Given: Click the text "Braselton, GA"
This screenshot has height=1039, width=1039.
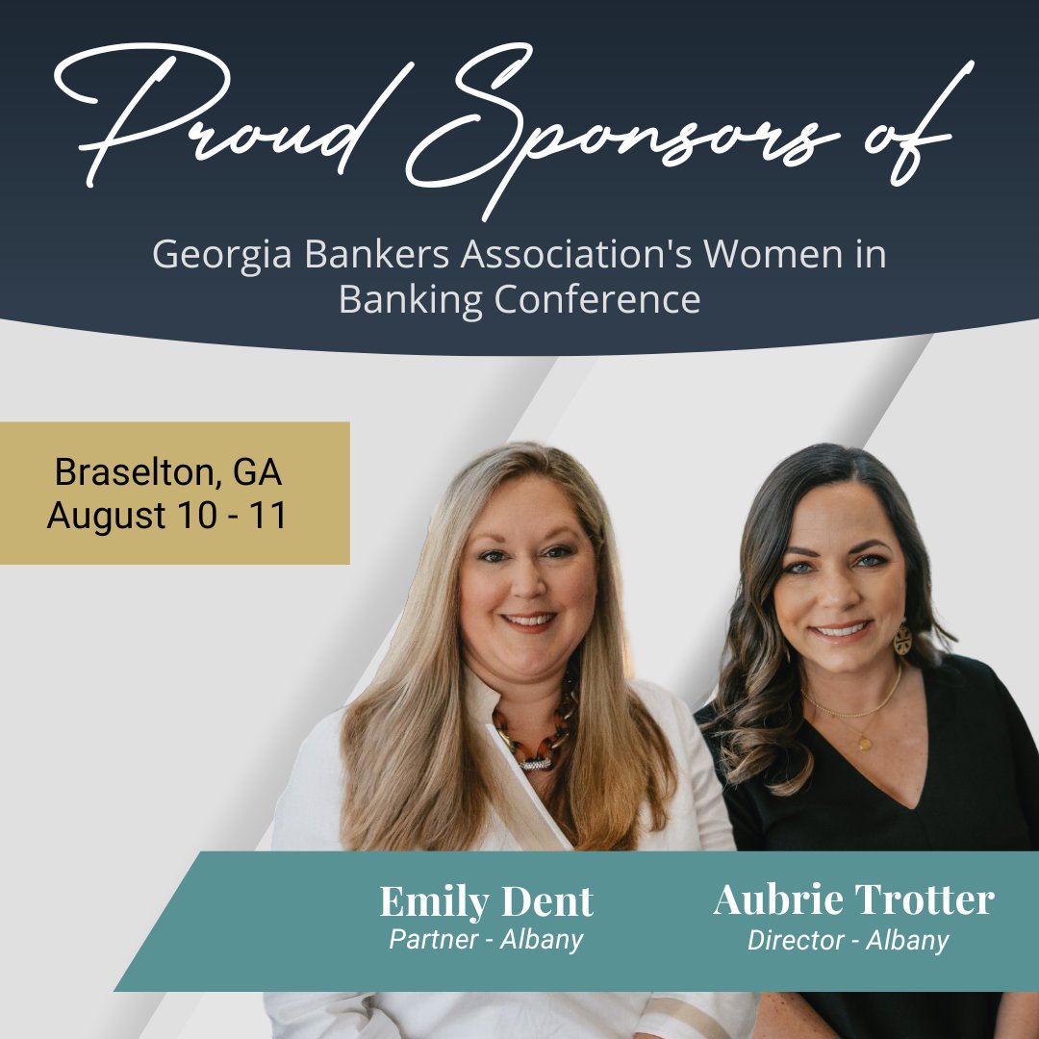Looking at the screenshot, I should (168, 472).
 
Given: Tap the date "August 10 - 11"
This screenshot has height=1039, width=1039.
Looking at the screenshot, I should (167, 516).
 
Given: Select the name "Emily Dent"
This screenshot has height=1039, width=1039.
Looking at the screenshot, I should (486, 902).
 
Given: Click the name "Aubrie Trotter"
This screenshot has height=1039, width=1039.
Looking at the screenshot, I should (853, 900).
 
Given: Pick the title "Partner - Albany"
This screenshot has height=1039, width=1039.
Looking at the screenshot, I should (486, 939).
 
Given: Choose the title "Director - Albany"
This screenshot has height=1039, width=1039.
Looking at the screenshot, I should (848, 940).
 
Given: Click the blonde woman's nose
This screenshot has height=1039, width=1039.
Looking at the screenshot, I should (525, 587).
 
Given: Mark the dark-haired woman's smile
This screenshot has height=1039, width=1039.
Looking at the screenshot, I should (841, 631).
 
